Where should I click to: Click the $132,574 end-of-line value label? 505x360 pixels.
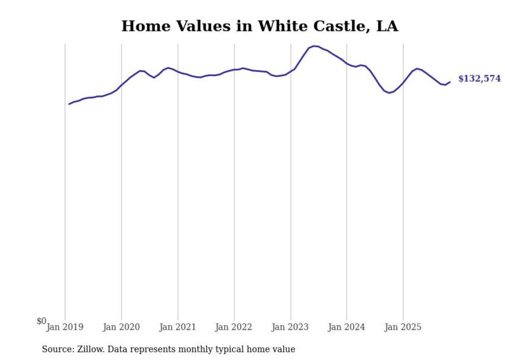tap(479, 79)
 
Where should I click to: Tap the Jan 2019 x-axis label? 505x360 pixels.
tap(65, 327)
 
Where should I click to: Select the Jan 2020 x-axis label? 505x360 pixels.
tap(122, 327)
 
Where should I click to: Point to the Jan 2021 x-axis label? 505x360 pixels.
tap(178, 327)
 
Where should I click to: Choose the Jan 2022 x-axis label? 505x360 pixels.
tap(234, 327)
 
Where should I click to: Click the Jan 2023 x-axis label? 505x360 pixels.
tap(291, 327)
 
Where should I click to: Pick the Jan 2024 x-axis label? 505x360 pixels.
tap(347, 327)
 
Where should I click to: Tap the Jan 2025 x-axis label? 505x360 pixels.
tap(403, 327)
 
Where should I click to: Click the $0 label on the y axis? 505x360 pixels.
tap(41, 321)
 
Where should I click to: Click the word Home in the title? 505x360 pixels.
tap(143, 26)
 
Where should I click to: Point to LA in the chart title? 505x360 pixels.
tap(387, 26)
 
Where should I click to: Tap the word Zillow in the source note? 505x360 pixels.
tap(91, 349)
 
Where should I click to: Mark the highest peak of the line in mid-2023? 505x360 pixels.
tap(315, 46)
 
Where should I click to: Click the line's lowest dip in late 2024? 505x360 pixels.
tap(389, 93)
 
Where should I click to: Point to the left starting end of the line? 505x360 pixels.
tap(69, 104)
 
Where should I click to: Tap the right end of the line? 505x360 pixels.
tap(450, 81)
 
